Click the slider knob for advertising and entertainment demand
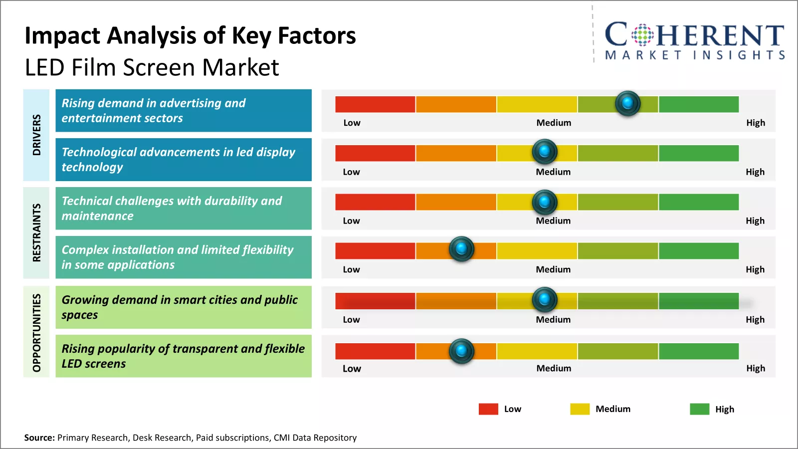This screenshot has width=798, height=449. [x=627, y=103]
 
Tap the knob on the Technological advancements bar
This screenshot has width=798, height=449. [x=545, y=151]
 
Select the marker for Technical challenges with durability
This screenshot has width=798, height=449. [x=545, y=202]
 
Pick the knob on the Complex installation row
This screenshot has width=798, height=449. [x=461, y=248]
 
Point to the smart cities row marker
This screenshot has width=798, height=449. [x=545, y=299]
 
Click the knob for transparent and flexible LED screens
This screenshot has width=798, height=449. [x=461, y=351]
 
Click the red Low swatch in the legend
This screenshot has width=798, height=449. [x=488, y=409]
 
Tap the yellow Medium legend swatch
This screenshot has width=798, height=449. [x=580, y=409]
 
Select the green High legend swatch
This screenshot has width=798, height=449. [x=699, y=409]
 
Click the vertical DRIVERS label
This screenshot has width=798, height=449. [x=36, y=135]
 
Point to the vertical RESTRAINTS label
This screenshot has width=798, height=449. [x=36, y=232]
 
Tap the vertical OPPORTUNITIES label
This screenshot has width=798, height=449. [x=36, y=332]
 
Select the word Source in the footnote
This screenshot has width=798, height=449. [x=39, y=438]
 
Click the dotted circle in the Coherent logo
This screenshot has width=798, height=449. [x=642, y=35]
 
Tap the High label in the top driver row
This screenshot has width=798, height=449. [x=755, y=123]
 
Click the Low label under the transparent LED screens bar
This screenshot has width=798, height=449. [x=352, y=369]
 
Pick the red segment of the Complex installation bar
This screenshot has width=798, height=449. [x=375, y=251]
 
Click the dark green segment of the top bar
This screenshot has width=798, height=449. [x=698, y=104]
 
